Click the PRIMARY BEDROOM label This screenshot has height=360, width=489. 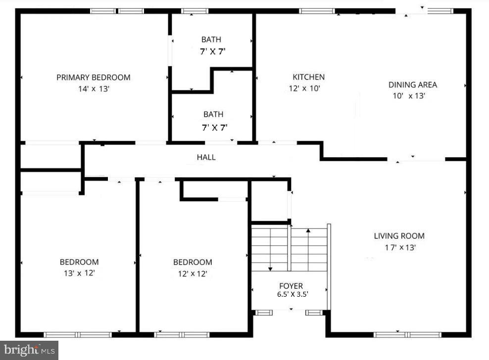click(x=93, y=78)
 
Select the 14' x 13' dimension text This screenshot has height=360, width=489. click(x=93, y=89)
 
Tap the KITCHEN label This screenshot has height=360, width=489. click(x=308, y=77)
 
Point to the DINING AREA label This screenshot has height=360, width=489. click(x=412, y=85)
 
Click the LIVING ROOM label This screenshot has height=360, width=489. click(x=399, y=236)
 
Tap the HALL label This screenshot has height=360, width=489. click(x=206, y=157)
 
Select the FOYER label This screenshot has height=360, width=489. click(x=291, y=286)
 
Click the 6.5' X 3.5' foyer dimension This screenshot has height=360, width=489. click(x=293, y=294)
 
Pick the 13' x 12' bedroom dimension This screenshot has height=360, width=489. click(x=79, y=273)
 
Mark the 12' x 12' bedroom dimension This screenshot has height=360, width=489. click(x=192, y=273)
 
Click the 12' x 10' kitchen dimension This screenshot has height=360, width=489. click(x=305, y=89)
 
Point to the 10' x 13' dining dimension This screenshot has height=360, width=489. click(x=409, y=96)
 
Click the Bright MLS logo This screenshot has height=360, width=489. click(x=29, y=350)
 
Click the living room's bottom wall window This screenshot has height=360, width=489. click(x=407, y=335)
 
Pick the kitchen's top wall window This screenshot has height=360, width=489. click(x=317, y=11)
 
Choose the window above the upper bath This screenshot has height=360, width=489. click(x=195, y=11)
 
